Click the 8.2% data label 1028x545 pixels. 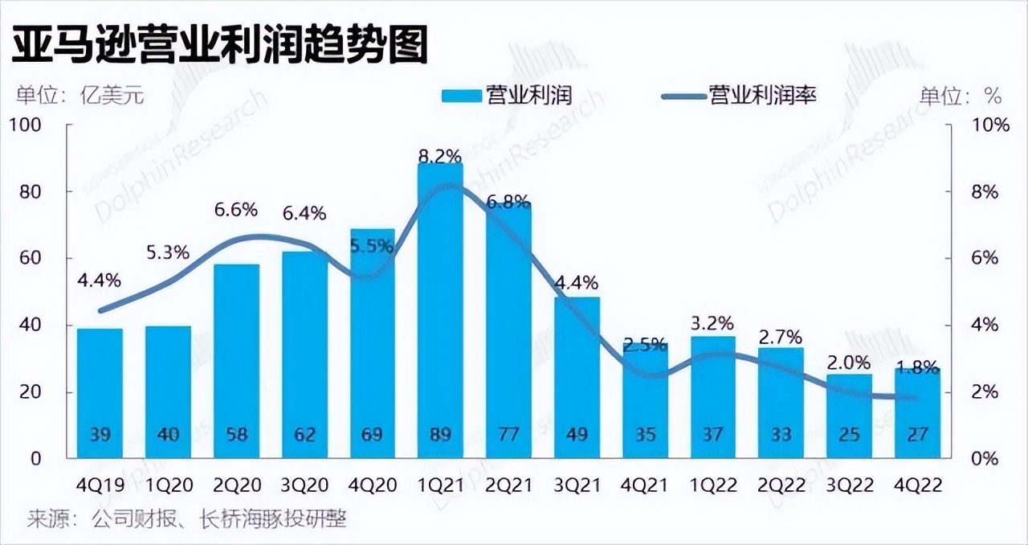pos(440,155)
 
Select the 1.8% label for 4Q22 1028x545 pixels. pos(916,368)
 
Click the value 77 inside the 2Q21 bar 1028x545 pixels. pos(508,435)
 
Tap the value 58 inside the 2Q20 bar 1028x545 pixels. pos(235,435)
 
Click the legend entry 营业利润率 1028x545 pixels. pos(738,96)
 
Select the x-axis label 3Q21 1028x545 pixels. pos(577,486)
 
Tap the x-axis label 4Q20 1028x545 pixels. pos(372,486)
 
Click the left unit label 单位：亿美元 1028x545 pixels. pos(79,96)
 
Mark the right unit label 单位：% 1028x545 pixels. pos(961,96)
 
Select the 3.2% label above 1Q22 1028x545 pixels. pos(712,324)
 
